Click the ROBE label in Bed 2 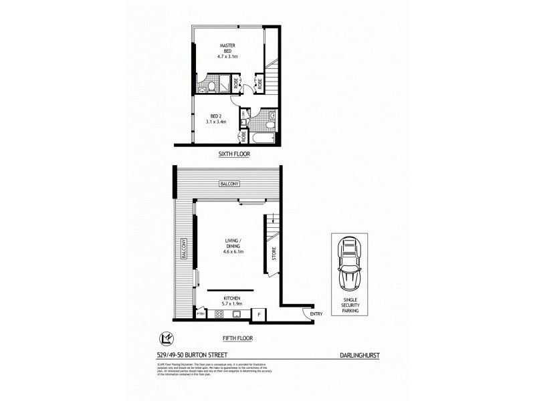click(x=243, y=136)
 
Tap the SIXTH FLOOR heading click(x=233, y=154)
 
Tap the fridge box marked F click(x=259, y=313)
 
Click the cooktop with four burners click(x=218, y=313)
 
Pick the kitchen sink click(x=235, y=313)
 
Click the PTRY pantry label click(x=199, y=313)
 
